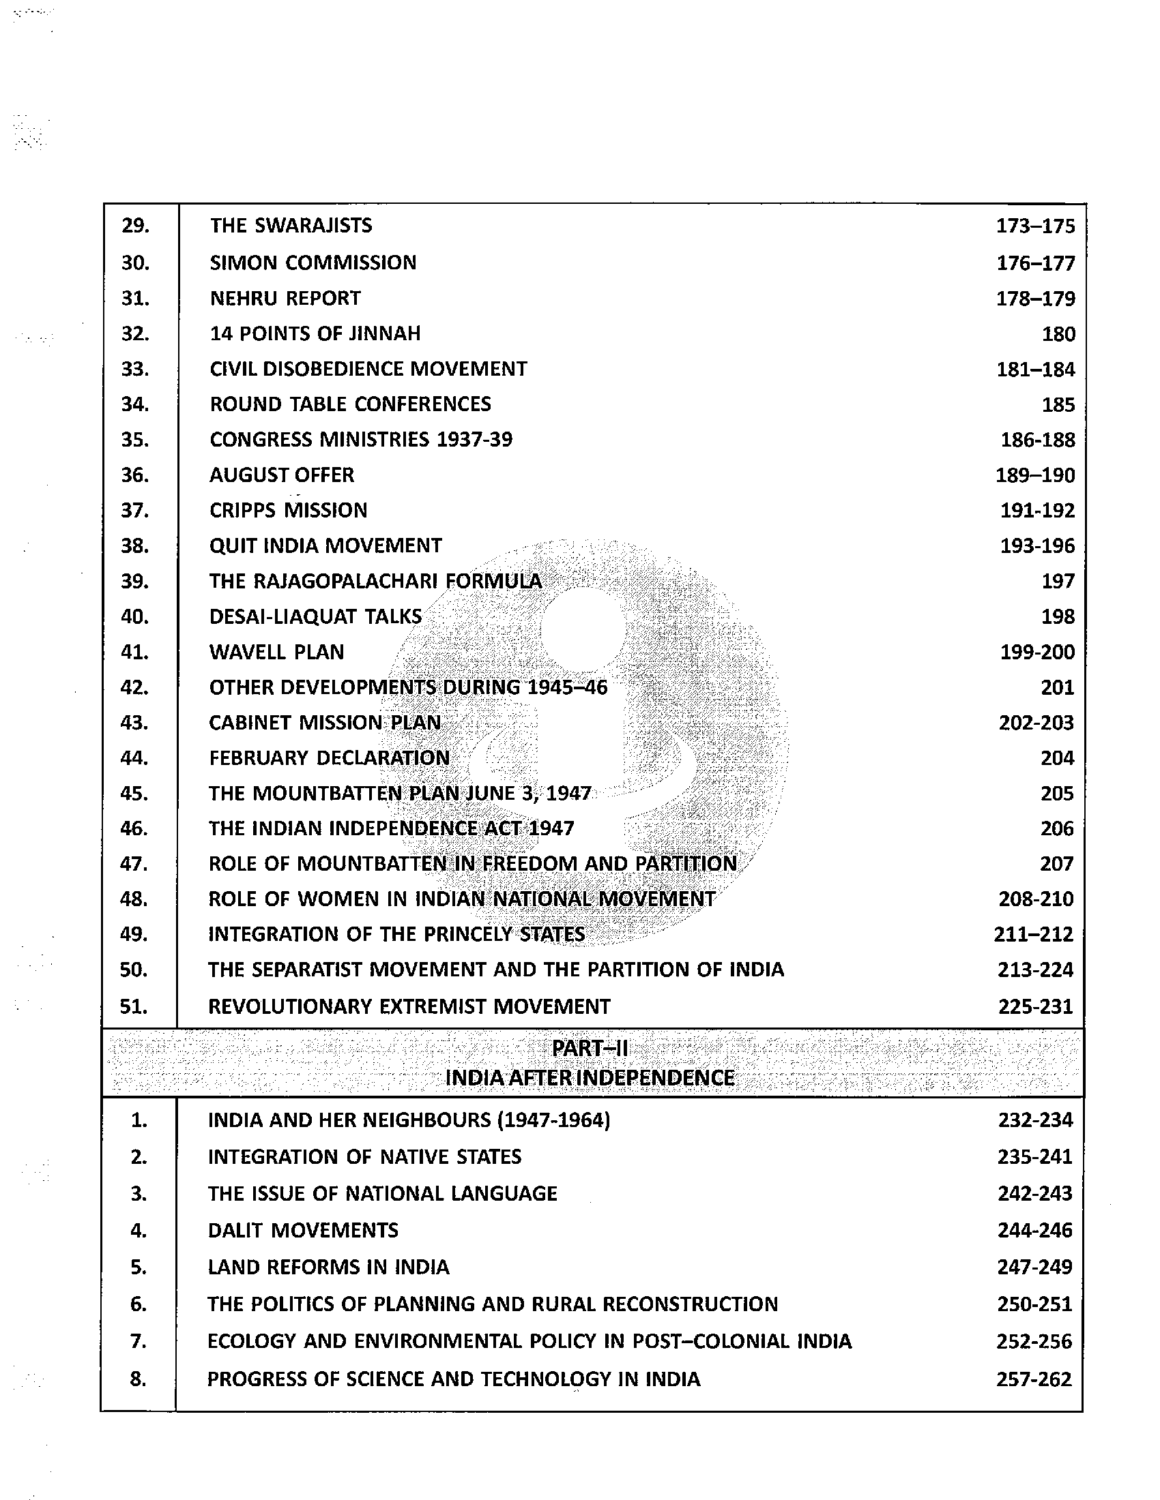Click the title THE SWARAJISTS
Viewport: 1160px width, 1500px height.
tap(291, 225)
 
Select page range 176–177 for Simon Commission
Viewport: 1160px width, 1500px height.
tap(1035, 263)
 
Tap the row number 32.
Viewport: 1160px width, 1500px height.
tap(134, 334)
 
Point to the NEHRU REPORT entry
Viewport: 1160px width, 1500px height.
tap(285, 298)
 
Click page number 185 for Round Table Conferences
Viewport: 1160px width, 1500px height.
tap(1058, 404)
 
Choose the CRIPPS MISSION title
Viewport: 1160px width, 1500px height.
tap(288, 510)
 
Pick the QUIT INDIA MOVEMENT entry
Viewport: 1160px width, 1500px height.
tap(325, 545)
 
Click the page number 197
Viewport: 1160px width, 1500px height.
tap(1058, 581)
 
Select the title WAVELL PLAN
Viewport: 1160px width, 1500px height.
tap(276, 652)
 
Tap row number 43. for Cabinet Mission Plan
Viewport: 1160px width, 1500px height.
tap(134, 723)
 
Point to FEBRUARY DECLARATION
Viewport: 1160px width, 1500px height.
tap(329, 757)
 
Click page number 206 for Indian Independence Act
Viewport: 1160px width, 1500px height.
tap(1057, 828)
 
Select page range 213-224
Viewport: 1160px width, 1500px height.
tap(1035, 970)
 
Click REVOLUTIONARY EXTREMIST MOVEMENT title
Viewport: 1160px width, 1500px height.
tap(409, 1006)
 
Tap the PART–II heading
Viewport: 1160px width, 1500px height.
tap(590, 1049)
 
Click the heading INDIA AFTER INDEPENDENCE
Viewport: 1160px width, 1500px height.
tap(590, 1077)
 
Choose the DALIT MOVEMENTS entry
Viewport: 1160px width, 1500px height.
tap(302, 1229)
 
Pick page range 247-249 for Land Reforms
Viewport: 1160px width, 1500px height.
tap(1034, 1267)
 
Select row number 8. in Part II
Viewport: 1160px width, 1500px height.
tap(138, 1379)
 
